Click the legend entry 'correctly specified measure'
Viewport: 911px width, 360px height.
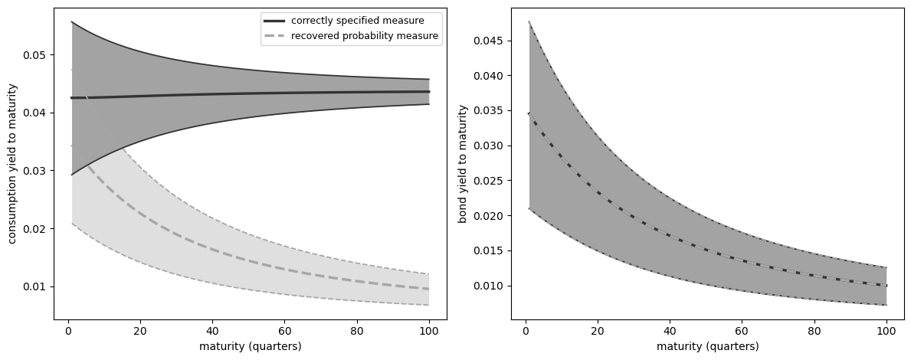(358, 20)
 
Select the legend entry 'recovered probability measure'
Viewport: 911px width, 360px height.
(365, 35)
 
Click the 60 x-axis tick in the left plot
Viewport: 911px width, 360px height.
(284, 331)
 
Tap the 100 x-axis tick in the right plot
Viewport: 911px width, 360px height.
(886, 331)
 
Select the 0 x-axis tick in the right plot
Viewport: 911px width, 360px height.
(526, 331)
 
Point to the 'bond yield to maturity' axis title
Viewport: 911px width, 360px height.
(463, 164)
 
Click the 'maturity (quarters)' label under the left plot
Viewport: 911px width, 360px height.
(251, 346)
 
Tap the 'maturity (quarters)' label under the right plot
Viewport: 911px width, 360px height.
(708, 346)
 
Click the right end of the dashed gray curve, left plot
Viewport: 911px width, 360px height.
(428, 289)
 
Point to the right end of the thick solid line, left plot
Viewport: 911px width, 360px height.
(428, 91)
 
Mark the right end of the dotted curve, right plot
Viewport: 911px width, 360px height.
(886, 286)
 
